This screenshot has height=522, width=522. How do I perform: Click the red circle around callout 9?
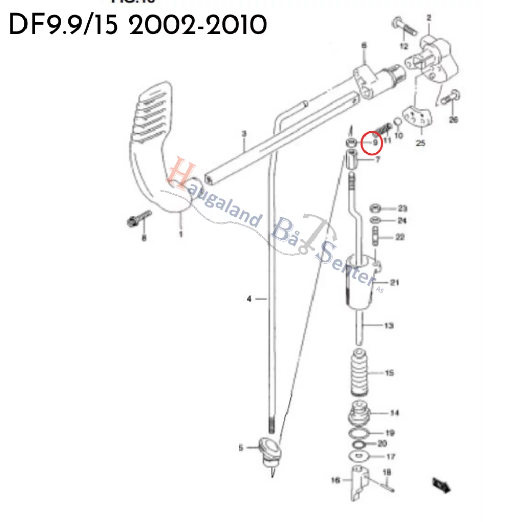click(372, 142)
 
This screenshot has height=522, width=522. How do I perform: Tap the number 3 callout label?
click(244, 134)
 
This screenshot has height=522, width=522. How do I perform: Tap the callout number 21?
click(395, 283)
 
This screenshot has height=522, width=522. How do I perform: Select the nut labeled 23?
click(375, 208)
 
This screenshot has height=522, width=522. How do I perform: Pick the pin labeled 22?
click(376, 237)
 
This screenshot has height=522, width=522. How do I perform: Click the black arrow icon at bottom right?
click(440, 484)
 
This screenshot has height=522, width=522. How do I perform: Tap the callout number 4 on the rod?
click(249, 299)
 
